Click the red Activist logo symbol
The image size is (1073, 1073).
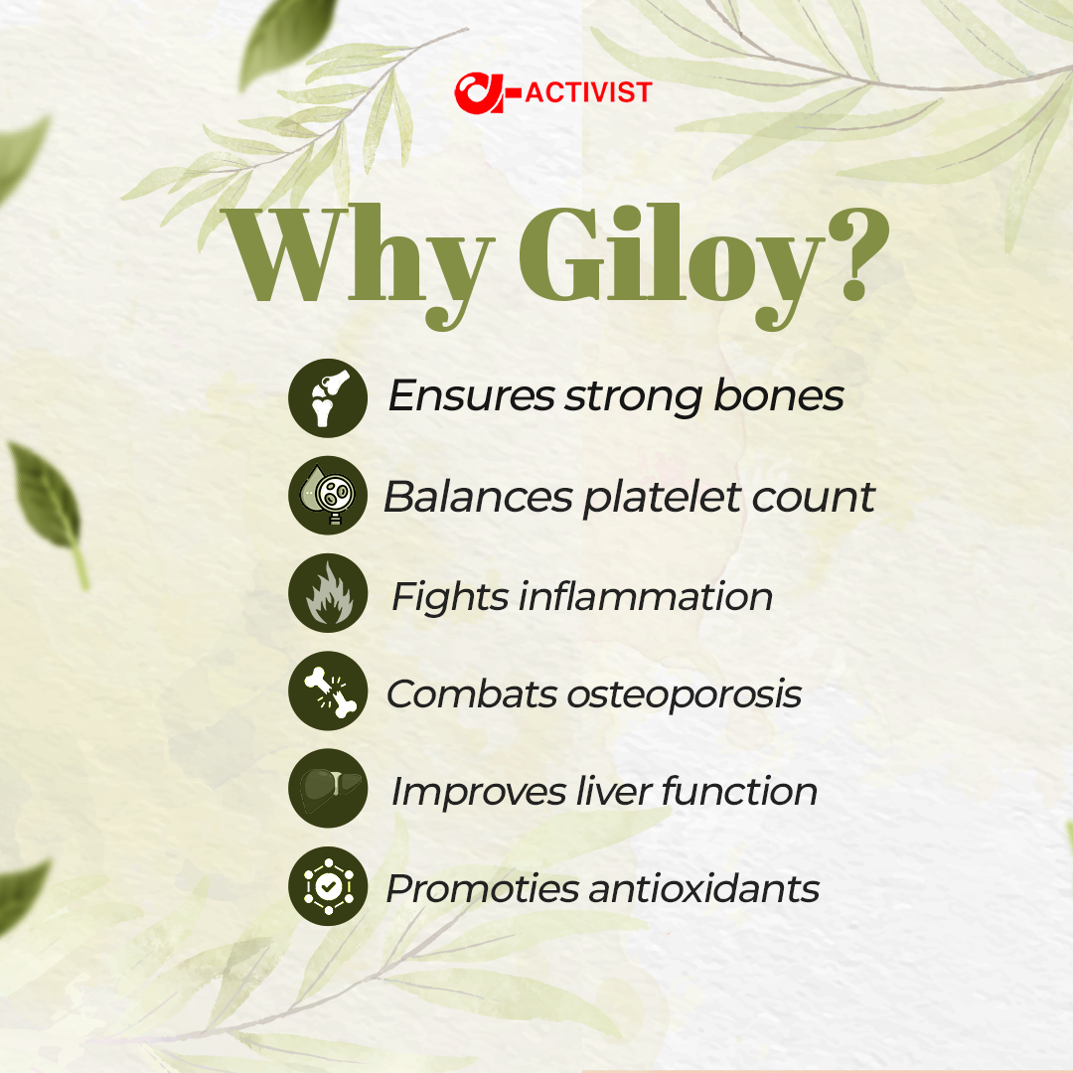pyautogui.click(x=484, y=93)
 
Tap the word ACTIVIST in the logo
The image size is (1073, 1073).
pyautogui.click(x=587, y=93)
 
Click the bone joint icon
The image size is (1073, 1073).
pyautogui.click(x=328, y=397)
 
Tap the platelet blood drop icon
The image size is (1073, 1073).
pyautogui.click(x=328, y=496)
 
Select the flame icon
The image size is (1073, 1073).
pyautogui.click(x=328, y=594)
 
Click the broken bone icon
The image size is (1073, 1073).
pyautogui.click(x=328, y=691)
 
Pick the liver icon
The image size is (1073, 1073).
pyautogui.click(x=328, y=790)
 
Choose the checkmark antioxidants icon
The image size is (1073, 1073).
pyautogui.click(x=328, y=887)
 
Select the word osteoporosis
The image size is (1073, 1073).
pyautogui.click(x=684, y=693)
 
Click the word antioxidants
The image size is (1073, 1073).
pyautogui.click(x=703, y=888)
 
